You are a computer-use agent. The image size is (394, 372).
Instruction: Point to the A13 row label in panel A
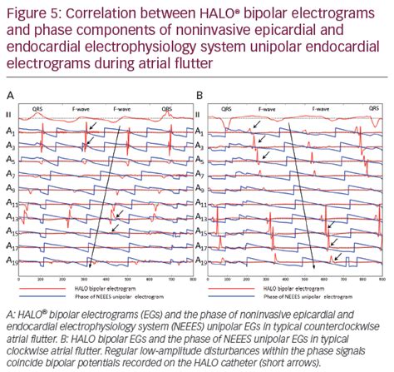pyautogui.click(x=12, y=217)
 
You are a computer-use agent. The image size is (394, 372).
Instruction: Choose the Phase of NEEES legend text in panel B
pyautogui.click(x=301, y=295)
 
